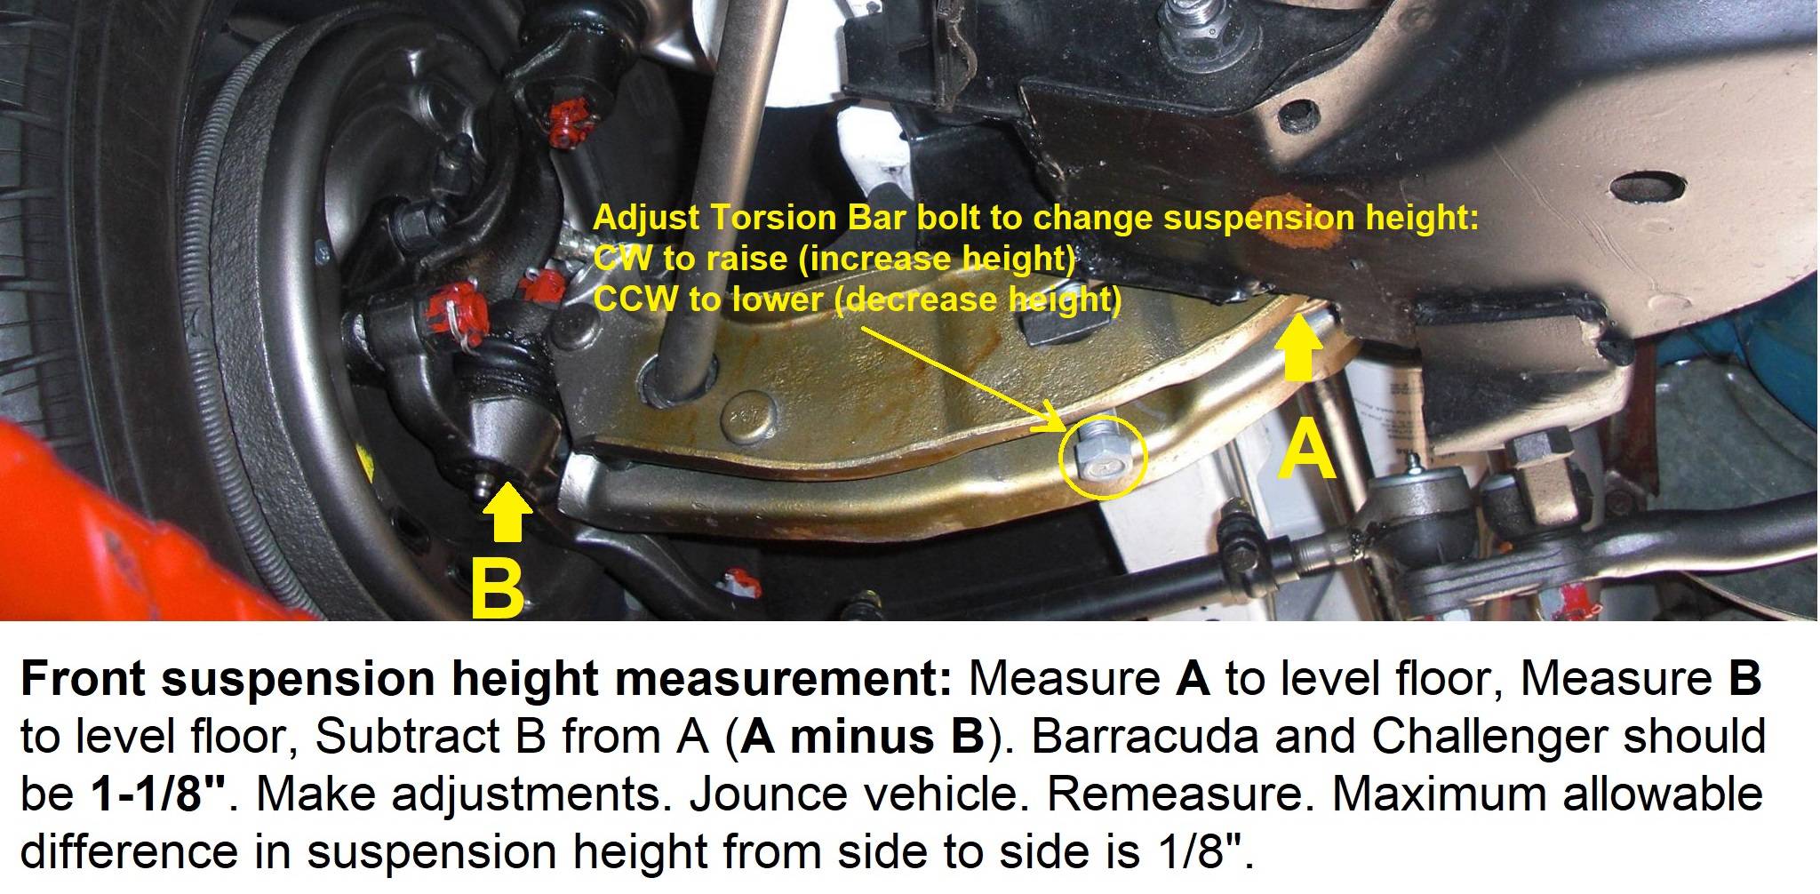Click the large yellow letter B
[x=498, y=587]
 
